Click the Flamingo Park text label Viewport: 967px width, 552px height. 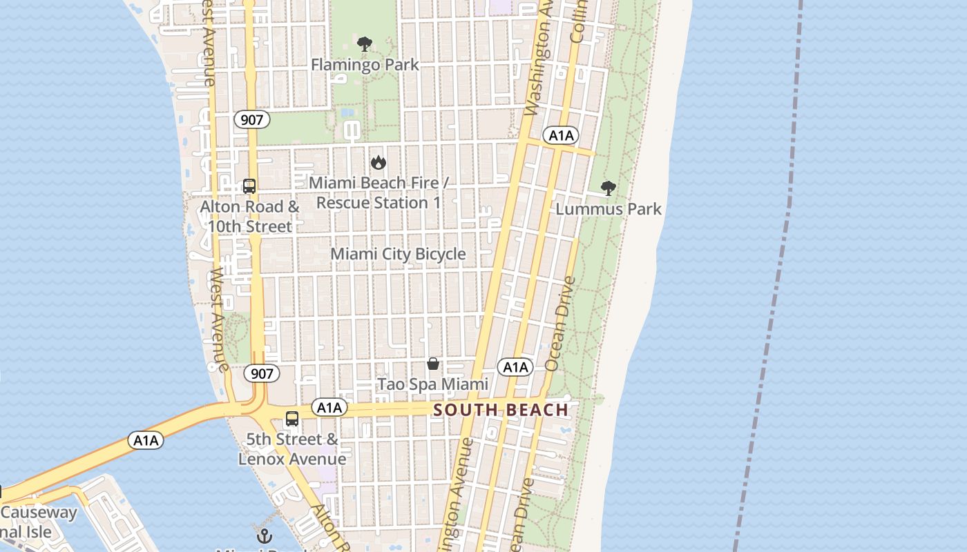[x=365, y=65]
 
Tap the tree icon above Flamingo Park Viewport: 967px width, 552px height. [x=365, y=45]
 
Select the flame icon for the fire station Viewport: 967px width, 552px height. [x=378, y=163]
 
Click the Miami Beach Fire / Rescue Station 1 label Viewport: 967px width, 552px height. [x=378, y=193]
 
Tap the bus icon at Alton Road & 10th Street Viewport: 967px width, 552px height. [x=249, y=186]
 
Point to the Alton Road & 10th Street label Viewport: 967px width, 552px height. [x=249, y=216]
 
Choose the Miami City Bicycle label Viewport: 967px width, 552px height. [x=398, y=254]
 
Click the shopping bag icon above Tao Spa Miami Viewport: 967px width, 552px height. [x=433, y=364]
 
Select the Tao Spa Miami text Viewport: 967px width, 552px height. [x=432, y=384]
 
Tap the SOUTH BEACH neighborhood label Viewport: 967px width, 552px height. [x=501, y=410]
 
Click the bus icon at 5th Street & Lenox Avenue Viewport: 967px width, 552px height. [x=292, y=419]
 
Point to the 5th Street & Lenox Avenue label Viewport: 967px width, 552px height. [x=292, y=448]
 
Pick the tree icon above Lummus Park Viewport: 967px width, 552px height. [x=609, y=188]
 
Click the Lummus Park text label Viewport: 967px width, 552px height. [x=609, y=209]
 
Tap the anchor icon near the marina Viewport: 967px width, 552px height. [x=264, y=535]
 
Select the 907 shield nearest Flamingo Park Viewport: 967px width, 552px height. [x=252, y=119]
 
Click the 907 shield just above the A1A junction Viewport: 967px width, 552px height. [x=262, y=374]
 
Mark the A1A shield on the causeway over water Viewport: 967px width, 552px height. [x=146, y=440]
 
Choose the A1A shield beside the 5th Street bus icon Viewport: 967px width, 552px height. [x=329, y=408]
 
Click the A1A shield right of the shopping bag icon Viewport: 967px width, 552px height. [x=515, y=367]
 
